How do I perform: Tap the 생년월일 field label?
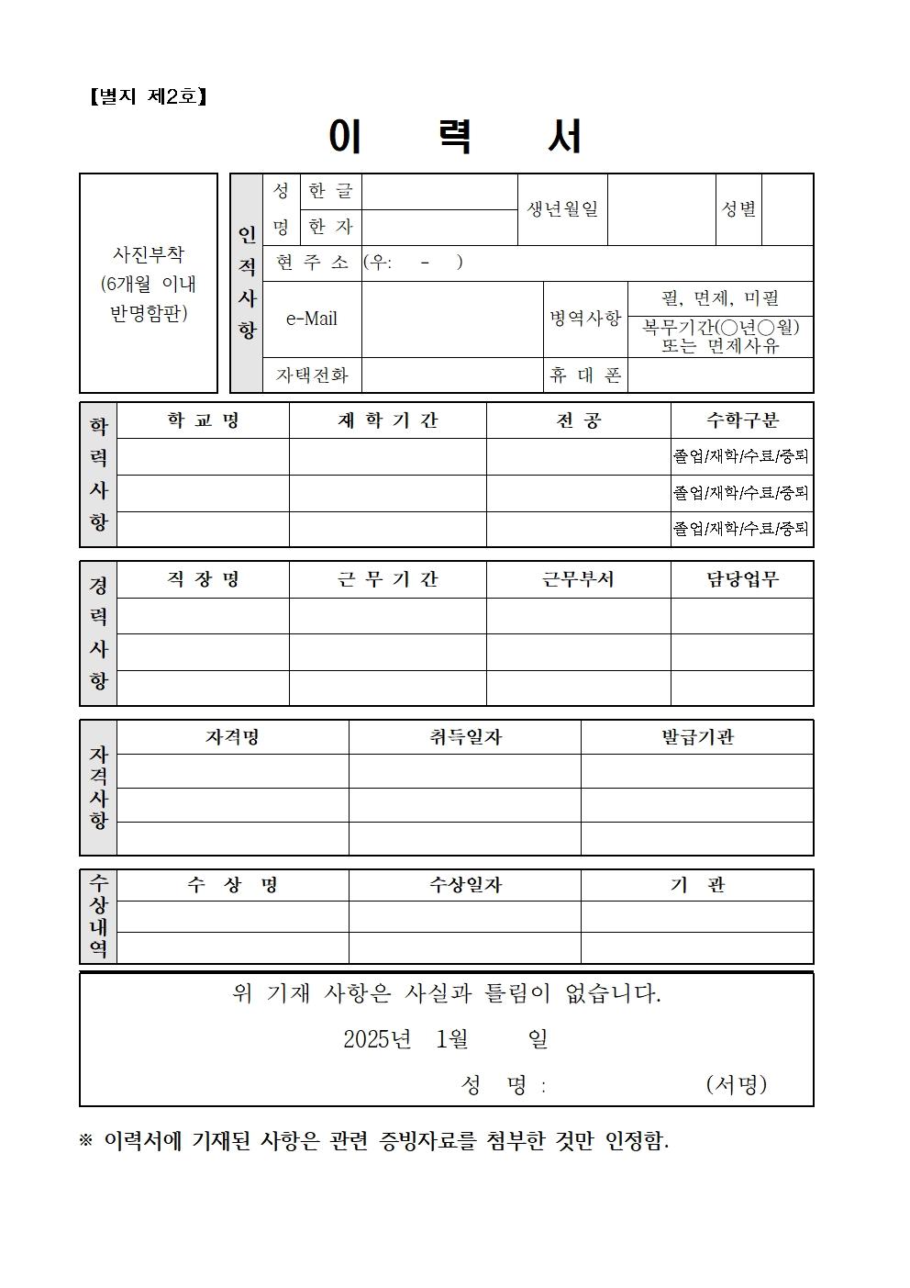pyautogui.click(x=562, y=209)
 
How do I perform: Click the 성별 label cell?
pyautogui.click(x=738, y=209)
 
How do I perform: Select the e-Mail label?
pyautogui.click(x=312, y=319)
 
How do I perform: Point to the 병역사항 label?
pyautogui.click(x=585, y=319)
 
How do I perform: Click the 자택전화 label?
pyautogui.click(x=312, y=375)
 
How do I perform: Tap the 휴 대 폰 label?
pyautogui.click(x=585, y=375)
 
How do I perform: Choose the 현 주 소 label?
pyautogui.click(x=312, y=263)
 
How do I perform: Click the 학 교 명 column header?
pyautogui.click(x=203, y=420)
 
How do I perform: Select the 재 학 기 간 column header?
pyautogui.click(x=387, y=420)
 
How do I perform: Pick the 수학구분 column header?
pyautogui.click(x=741, y=420)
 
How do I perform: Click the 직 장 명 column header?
pyautogui.click(x=203, y=579)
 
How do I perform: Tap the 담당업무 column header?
pyautogui.click(x=741, y=579)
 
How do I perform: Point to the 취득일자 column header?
pyautogui.click(x=464, y=737)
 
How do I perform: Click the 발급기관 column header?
pyautogui.click(x=696, y=737)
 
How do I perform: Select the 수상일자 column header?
pyautogui.click(x=464, y=885)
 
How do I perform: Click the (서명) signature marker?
pyautogui.click(x=736, y=1084)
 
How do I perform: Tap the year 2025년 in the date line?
pyautogui.click(x=377, y=1039)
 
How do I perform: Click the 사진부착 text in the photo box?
pyautogui.click(x=148, y=254)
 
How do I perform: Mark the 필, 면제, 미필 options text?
pyautogui.click(x=720, y=298)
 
